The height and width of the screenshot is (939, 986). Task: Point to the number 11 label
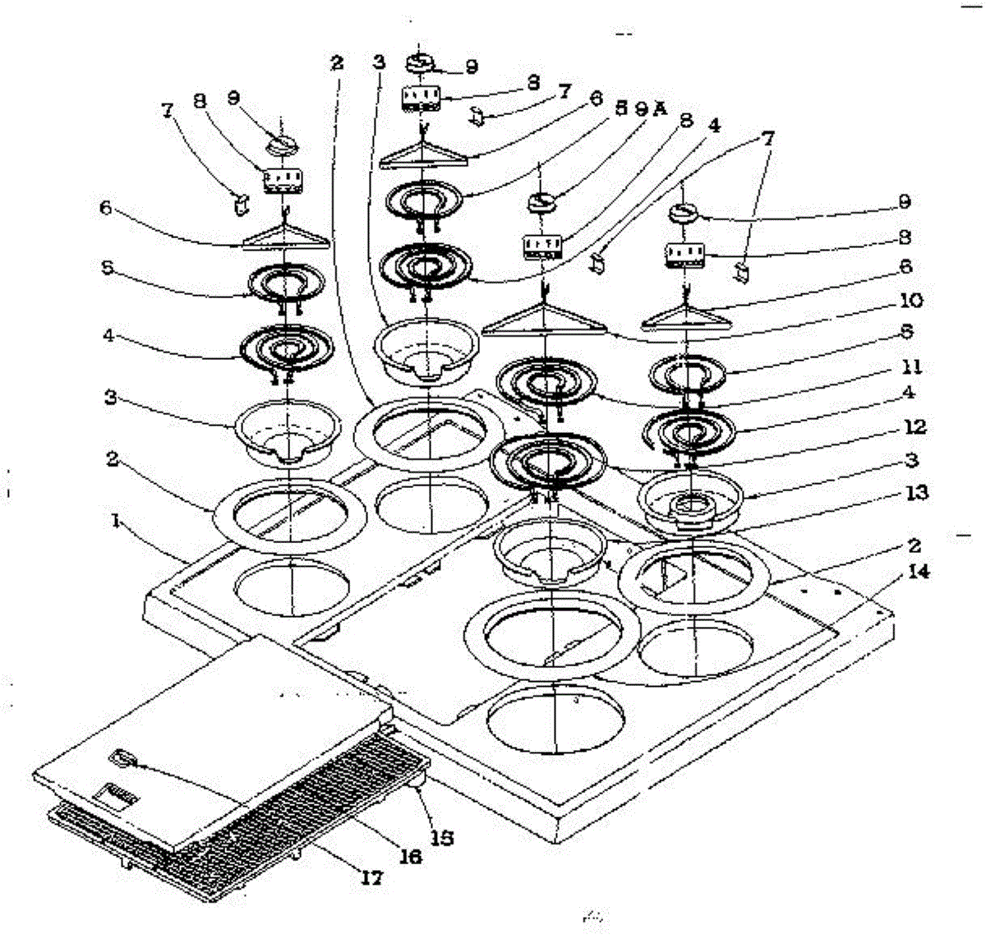tap(910, 367)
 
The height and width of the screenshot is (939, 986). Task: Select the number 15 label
tap(443, 839)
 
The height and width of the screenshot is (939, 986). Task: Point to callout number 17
tap(372, 878)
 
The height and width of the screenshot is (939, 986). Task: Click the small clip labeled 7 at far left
tap(241, 204)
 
